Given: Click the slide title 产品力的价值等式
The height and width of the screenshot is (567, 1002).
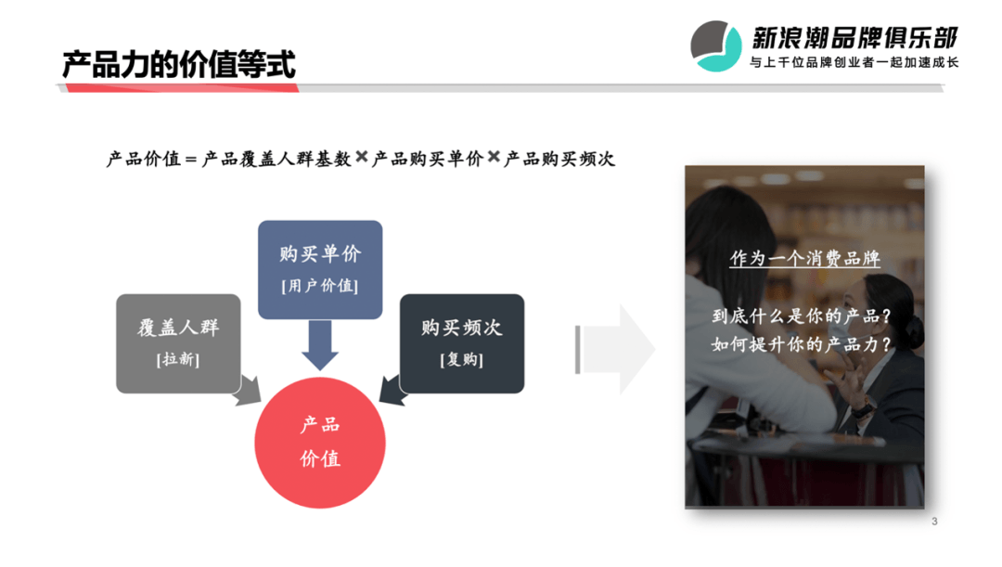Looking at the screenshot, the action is coord(179,65).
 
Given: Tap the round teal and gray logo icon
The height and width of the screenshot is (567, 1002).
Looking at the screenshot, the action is coord(715,46).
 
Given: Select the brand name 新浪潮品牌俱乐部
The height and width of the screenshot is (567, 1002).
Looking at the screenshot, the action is coord(854,38).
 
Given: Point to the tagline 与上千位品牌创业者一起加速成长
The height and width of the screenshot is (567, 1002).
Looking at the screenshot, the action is coord(854,62).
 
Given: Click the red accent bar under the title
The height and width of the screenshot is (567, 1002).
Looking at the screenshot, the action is coord(182,88).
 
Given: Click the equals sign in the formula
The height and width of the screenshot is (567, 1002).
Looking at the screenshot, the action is coord(190,160).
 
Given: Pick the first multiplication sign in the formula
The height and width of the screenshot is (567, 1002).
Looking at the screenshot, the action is coord(362,157).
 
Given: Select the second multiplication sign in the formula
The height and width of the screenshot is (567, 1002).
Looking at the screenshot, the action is coord(494,157).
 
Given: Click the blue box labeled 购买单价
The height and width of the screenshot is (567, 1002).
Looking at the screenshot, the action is coord(320,270).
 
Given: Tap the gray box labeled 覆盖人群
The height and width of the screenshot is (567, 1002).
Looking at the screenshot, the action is coord(178,343).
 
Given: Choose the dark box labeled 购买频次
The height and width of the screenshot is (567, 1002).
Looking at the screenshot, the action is coord(462,343).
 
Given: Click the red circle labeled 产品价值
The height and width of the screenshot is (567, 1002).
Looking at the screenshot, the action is coord(320,443).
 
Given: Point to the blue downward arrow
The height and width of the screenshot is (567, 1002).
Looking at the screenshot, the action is coord(320,345).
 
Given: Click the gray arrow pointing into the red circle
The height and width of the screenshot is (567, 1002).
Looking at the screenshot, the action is coord(248,391).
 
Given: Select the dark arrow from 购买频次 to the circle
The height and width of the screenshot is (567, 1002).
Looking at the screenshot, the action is coord(393,391).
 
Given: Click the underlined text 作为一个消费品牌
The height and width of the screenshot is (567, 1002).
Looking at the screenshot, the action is coord(805,258).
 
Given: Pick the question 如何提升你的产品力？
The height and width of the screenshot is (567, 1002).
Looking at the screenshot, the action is coord(802,344).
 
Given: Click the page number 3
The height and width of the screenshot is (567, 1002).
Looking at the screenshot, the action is coord(934,522).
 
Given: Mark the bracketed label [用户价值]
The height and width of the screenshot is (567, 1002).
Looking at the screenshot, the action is coord(320,286).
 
